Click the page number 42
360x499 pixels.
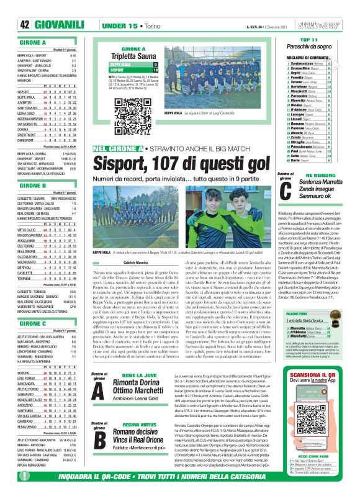point(25,25)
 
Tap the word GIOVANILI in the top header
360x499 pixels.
point(61,25)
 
